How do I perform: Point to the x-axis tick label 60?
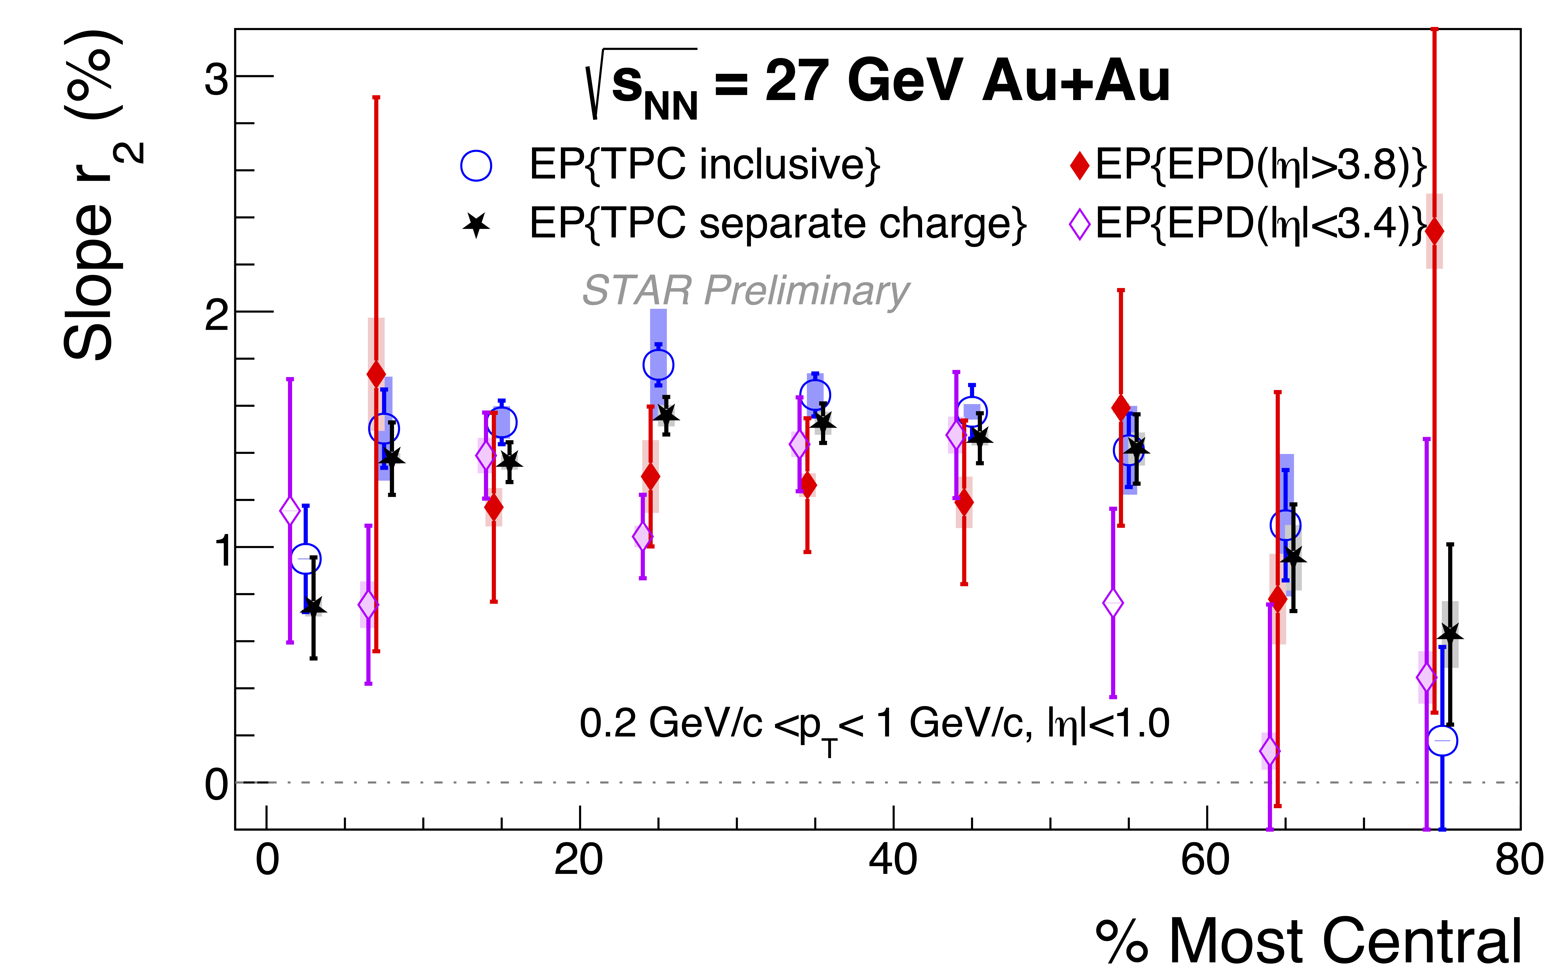tap(1206, 860)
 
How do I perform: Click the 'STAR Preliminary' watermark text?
tap(746, 290)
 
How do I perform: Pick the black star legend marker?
tap(476, 225)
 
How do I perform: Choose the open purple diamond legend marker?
tap(1079, 225)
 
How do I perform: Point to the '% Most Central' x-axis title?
tap(1309, 941)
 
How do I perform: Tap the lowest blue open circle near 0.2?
tap(1442, 740)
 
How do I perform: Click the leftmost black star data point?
tap(314, 607)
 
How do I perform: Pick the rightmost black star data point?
tap(1450, 635)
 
